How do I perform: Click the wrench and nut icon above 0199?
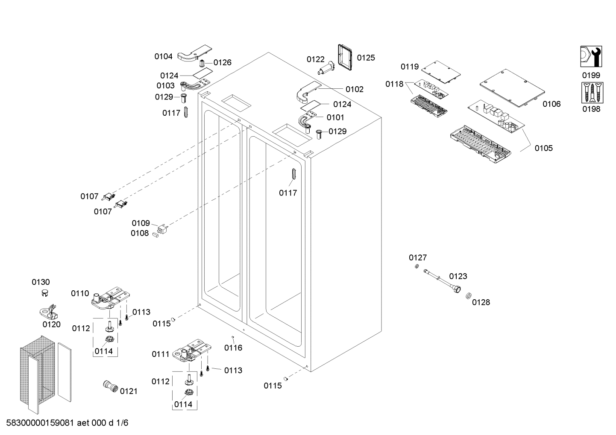tap(591, 57)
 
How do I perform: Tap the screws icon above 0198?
tap(591, 93)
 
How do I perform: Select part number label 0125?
tap(366, 58)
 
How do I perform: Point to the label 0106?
tap(551, 104)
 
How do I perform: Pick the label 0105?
tap(543, 148)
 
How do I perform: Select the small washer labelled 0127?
tap(416, 267)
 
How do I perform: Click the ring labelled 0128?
tap(468, 295)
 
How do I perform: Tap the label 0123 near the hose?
tap(458, 276)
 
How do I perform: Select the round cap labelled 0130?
tap(44, 292)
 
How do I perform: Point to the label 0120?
tap(51, 324)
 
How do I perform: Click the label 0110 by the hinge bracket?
tap(80, 293)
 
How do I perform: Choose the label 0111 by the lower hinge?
tap(161, 354)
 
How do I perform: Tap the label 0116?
tap(233, 347)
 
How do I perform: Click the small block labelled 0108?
tap(155, 234)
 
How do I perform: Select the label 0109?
tap(141, 223)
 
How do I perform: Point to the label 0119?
tap(410, 67)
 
